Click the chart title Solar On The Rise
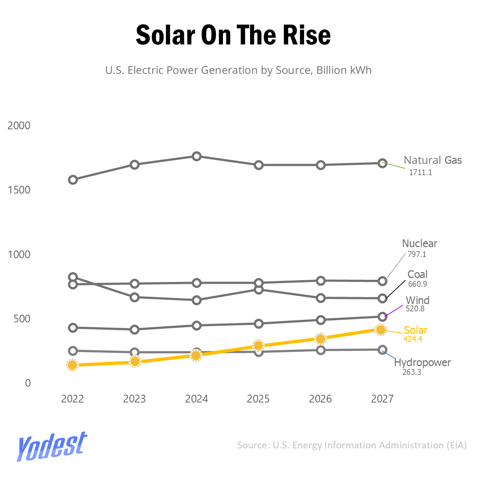coord(233,35)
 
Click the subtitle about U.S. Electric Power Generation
coord(238,70)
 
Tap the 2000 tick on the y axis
coord(19,126)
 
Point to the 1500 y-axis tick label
coord(19,190)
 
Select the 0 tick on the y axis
coord(28,383)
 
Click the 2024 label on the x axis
coord(196,399)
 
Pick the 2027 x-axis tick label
coord(382,399)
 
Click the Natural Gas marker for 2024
coord(197,156)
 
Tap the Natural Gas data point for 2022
coord(73,180)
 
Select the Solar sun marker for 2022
coord(72,365)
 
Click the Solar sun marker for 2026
coord(321,339)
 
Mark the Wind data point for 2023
coord(135,329)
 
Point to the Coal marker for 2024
coord(197,300)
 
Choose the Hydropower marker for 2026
coord(321,350)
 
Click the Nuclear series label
coord(419,243)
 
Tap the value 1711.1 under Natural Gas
coord(420,173)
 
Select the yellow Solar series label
coord(415,330)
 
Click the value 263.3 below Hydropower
coord(412,372)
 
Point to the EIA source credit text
coord(352,445)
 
